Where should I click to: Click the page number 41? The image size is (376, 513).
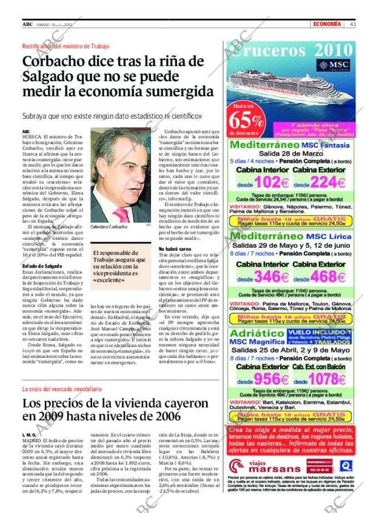coord(352,24)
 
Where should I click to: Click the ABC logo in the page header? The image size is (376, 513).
coord(27,24)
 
